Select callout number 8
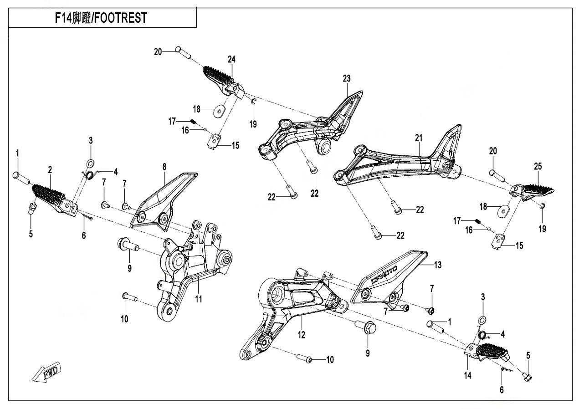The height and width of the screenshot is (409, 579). (164, 167)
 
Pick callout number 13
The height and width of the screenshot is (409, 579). (438, 265)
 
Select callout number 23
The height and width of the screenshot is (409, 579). (347, 78)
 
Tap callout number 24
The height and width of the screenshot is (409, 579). (232, 59)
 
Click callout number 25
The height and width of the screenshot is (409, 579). (538, 167)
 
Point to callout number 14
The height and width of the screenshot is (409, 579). (468, 375)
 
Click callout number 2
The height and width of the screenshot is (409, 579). (50, 169)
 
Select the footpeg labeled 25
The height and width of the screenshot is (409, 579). (538, 191)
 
